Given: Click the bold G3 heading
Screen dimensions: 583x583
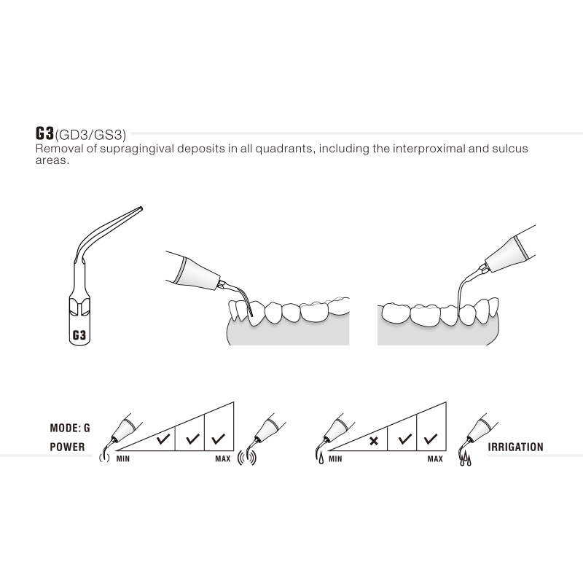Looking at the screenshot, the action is coord(44,133).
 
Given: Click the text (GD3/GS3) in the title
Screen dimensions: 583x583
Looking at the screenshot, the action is coord(90,135).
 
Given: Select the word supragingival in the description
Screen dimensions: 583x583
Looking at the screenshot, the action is coord(137,149).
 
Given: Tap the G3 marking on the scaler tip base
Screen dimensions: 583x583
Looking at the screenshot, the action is coord(79,335).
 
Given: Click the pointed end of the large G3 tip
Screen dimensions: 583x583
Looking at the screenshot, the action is coord(141,208).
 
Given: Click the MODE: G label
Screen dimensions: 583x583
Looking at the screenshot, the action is coord(70,428).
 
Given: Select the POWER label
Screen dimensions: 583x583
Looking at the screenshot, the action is coord(67,447).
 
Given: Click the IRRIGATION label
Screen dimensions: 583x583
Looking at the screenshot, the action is coord(515,447).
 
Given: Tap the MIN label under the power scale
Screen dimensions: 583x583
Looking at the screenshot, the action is coord(123,459).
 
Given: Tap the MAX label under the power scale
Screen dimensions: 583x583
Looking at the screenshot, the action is coord(223,459).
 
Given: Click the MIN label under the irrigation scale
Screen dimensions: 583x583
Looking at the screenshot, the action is coord(335,459).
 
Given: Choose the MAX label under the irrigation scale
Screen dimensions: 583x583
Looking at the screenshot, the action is coord(435,459).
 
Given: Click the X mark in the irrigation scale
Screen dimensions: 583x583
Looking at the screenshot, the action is coord(374,441).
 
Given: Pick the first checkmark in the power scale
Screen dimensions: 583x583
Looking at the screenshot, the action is coord(163,439).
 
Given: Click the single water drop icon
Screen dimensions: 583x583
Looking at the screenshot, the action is coord(321,458).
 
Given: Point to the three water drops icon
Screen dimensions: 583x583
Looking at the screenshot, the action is coord(466,460).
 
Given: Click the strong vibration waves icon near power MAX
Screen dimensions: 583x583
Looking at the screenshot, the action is coord(247,458).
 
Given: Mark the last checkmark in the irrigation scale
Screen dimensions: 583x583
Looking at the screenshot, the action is coord(431,439).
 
